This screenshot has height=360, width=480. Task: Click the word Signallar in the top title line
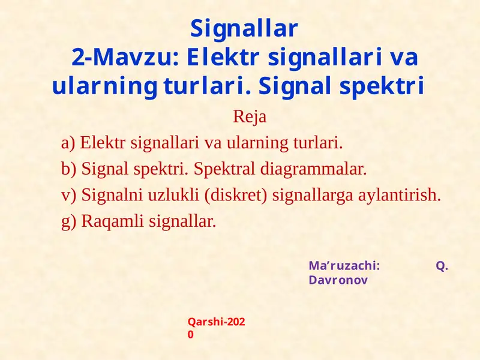[244, 28]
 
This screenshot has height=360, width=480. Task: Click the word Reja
[249, 117]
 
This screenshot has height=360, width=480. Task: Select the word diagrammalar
[313, 169]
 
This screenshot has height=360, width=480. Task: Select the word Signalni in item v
[111, 196]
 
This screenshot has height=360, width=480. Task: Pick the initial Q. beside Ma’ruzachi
[442, 267]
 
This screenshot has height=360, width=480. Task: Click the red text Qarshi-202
[217, 322]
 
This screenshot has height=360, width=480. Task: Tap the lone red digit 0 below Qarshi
[191, 335]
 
